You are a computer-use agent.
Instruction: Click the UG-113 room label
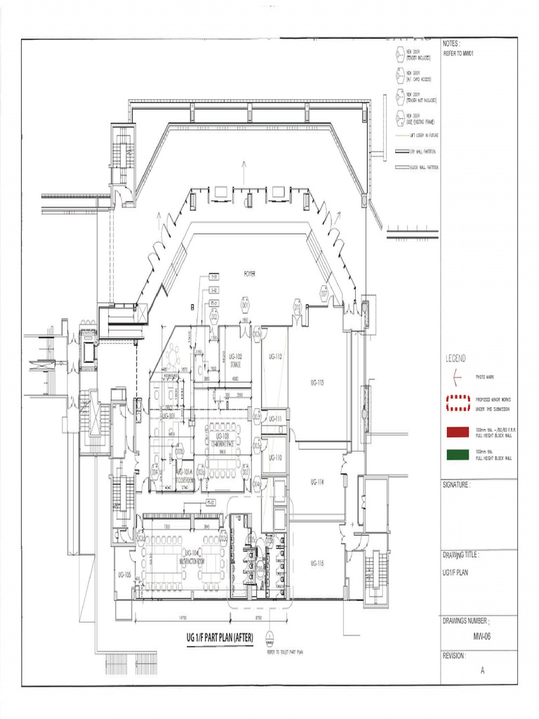click(x=317, y=383)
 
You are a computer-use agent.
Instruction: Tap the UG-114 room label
click(x=317, y=482)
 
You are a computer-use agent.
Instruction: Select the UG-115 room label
click(x=317, y=563)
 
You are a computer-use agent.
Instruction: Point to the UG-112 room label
click(x=275, y=357)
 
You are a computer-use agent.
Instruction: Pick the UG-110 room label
click(x=275, y=457)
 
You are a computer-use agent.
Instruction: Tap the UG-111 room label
click(x=275, y=419)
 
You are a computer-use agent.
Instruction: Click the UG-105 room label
click(x=125, y=574)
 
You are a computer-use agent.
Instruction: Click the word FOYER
click(x=248, y=272)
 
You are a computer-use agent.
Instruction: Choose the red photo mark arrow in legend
click(x=457, y=377)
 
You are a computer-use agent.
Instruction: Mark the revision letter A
click(x=482, y=670)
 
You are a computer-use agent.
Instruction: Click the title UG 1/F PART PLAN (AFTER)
click(x=219, y=638)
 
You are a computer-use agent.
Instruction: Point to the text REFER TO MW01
click(x=458, y=53)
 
